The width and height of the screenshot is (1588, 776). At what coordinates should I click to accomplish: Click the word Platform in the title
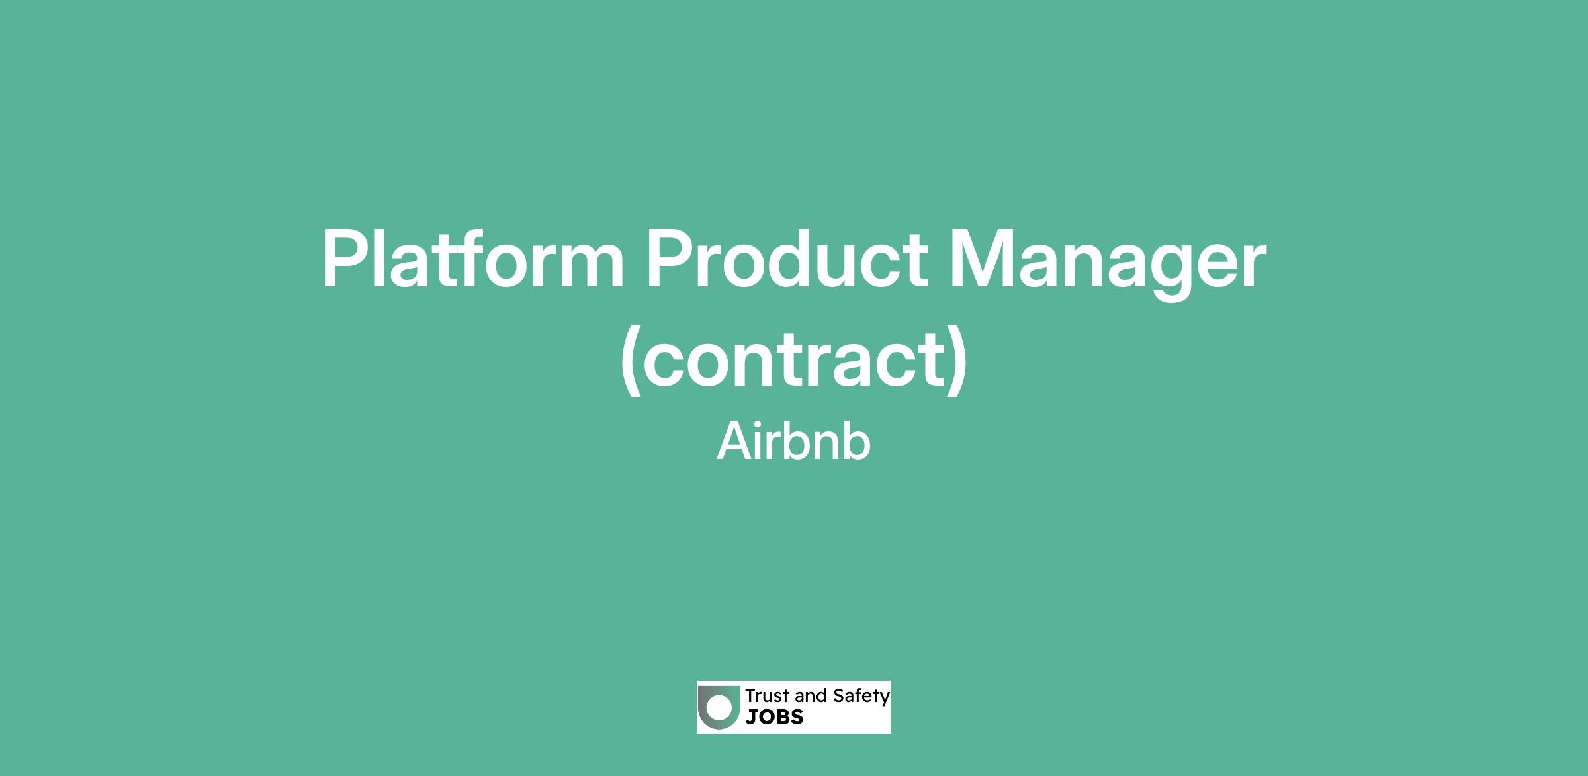(473, 259)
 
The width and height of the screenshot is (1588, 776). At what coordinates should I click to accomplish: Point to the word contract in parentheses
(794, 360)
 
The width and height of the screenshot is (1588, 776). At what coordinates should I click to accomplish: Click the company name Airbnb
(793, 441)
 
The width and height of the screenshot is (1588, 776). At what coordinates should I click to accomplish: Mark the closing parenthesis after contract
(957, 361)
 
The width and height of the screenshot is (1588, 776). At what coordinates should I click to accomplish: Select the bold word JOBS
(774, 717)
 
